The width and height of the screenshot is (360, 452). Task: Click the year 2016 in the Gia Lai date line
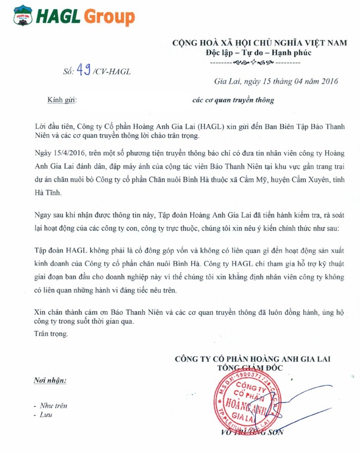point(325,82)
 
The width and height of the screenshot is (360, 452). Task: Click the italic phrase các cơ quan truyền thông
point(233,101)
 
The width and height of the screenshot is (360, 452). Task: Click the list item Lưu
point(40,415)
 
